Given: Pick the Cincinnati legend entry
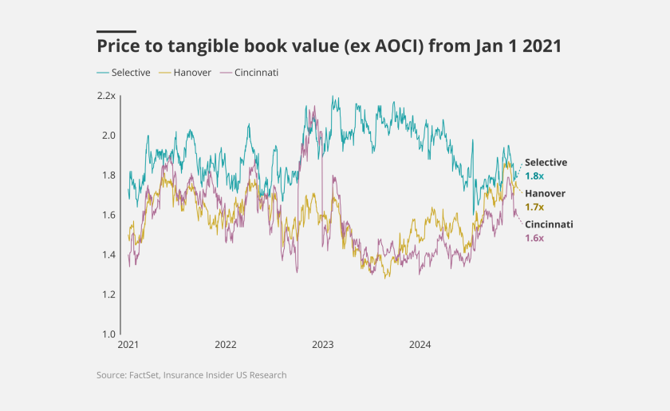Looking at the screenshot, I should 256,73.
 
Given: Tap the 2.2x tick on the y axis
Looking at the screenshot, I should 106,96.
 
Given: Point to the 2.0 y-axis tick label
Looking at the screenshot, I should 108,136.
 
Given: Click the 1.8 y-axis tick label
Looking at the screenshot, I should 108,176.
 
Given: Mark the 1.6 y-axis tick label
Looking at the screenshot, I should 108,215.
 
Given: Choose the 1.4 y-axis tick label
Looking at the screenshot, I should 108,255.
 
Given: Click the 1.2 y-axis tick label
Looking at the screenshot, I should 108,294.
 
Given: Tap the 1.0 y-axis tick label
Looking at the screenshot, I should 108,334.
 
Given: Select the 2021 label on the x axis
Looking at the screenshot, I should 128,346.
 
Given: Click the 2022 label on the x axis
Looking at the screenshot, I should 226,346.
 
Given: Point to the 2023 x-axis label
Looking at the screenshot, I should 323,346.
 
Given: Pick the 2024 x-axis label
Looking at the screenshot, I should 420,346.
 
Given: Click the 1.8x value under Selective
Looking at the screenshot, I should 534,176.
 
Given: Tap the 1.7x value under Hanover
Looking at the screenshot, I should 534,207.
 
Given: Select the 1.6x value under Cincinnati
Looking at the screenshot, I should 534,238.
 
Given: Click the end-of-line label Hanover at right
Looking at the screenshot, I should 545,193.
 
